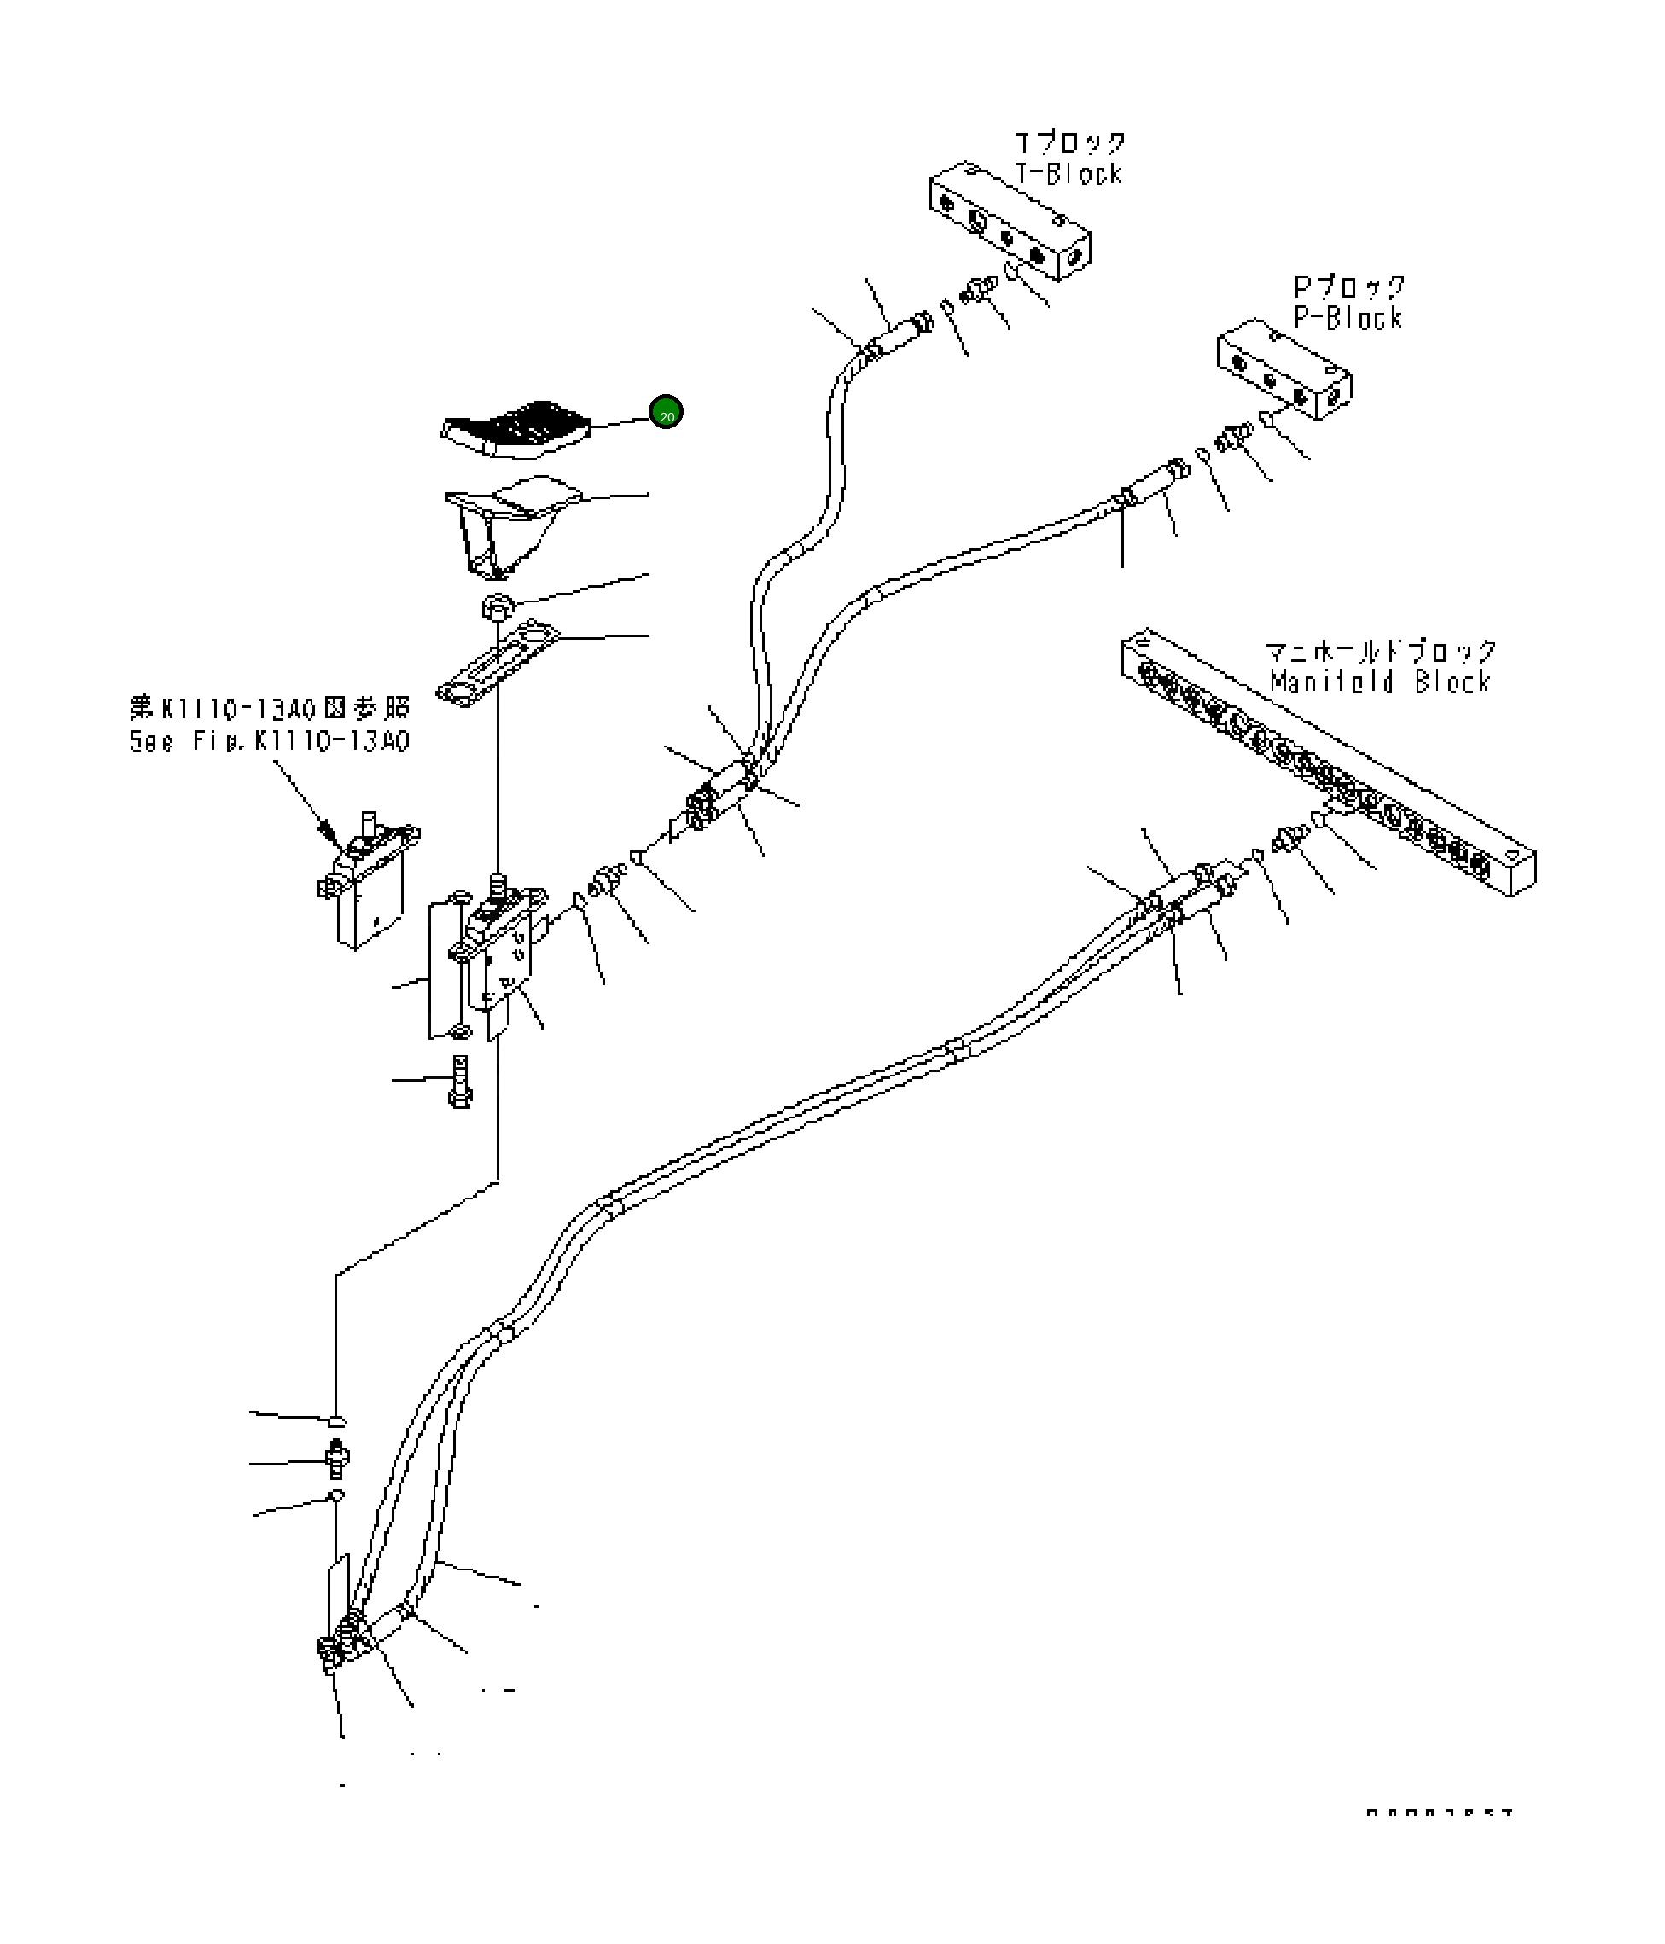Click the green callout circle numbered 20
pos(666,412)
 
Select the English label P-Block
pos(1348,318)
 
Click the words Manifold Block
pos(1380,682)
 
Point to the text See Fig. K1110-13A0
pos(270,741)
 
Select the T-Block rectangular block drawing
pos(1009,220)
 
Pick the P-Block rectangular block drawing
pos(1284,367)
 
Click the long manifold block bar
pos(1328,760)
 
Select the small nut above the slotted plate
pos(497,606)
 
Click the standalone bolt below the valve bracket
pos(460,1081)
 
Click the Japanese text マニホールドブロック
pos(1380,650)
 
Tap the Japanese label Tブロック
pos(1070,142)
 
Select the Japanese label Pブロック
pos(1349,286)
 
